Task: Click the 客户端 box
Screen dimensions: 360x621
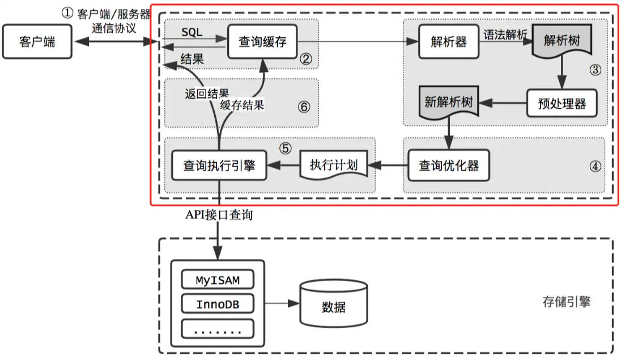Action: coord(37,42)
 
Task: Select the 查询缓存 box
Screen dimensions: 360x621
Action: coord(263,42)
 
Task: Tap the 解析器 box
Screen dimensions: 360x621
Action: coord(448,42)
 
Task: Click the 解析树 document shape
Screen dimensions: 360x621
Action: coord(562,42)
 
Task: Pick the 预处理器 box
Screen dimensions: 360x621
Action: coord(562,103)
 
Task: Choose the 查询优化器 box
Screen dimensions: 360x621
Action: coord(448,165)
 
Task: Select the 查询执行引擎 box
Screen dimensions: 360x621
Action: coord(219,165)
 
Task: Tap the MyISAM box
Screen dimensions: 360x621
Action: coord(218,280)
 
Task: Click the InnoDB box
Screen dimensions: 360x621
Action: coord(218,304)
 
